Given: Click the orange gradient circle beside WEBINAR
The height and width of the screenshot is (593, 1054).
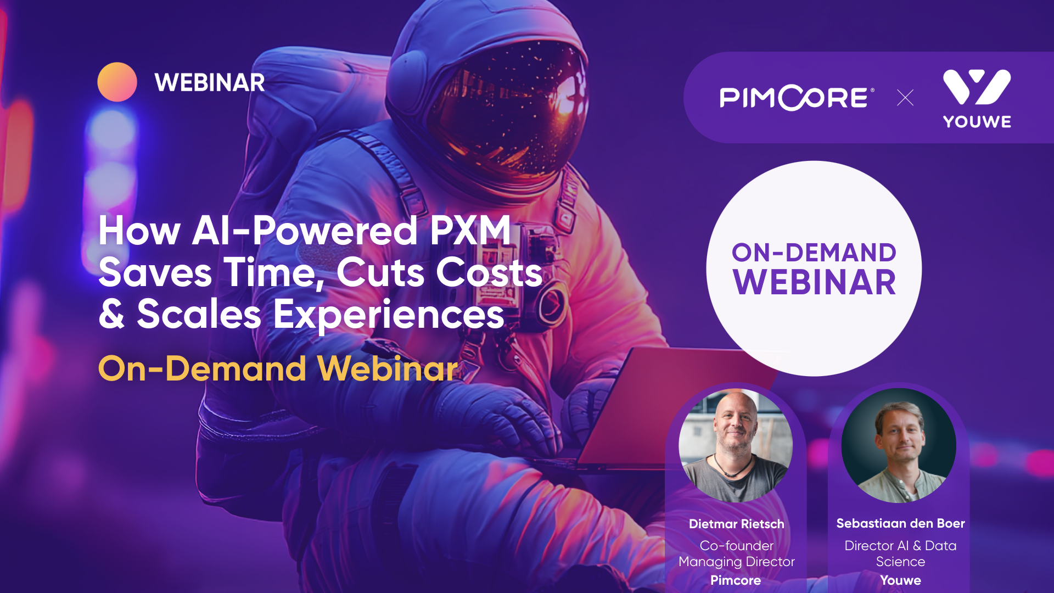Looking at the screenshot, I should coord(117,82).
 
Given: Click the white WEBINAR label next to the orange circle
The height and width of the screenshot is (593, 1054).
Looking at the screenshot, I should coord(210,83).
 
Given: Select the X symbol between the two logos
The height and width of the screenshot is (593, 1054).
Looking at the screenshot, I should coord(905,98).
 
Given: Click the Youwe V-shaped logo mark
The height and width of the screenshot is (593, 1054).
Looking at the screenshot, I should coord(977,86).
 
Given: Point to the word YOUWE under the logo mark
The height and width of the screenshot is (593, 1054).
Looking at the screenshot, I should coord(977,122).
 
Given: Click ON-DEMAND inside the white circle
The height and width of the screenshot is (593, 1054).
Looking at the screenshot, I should coord(814,253).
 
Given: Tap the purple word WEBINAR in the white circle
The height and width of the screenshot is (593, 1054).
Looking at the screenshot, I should coord(814,283).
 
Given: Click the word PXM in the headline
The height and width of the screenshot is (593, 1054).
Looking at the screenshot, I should coord(470,231).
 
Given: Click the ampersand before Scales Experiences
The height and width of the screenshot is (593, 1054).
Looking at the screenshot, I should coord(111,314).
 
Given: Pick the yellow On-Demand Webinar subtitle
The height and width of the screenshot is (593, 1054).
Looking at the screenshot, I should coord(277,368).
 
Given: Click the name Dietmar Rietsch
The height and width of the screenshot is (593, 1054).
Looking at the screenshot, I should coord(736,524).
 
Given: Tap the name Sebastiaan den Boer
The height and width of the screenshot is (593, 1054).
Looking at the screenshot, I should coord(900,523).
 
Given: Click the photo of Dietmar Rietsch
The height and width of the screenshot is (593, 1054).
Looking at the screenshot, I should coord(735,445).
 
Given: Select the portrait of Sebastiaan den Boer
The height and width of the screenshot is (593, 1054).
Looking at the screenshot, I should coord(899,445).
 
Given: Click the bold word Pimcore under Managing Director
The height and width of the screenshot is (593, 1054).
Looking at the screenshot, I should coord(736,580).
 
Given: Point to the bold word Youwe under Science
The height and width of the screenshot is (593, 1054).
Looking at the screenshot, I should coord(900,580).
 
